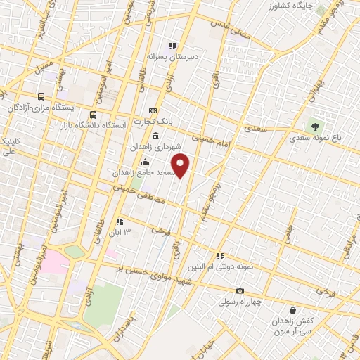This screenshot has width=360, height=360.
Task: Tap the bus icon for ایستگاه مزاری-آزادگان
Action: (x=41, y=96)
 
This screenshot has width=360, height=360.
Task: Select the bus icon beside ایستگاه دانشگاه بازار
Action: (x=93, y=115)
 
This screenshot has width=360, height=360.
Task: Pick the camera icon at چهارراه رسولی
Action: (x=240, y=291)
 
